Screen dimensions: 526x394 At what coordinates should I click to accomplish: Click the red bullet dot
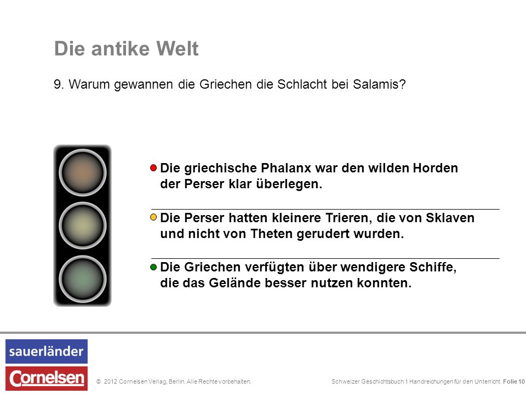(x=153, y=168)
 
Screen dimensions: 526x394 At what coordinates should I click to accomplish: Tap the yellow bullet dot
(x=153, y=217)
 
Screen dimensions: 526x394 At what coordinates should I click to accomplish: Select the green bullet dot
(x=153, y=267)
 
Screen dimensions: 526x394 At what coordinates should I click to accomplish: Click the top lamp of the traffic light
(x=83, y=172)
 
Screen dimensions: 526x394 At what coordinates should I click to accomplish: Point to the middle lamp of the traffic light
(x=83, y=225)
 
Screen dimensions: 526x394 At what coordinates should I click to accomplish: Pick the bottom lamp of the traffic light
(x=83, y=279)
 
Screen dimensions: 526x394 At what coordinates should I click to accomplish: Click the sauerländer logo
(x=46, y=351)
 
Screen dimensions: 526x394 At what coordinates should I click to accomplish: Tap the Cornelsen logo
(x=46, y=378)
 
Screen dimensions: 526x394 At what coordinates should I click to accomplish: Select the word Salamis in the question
(x=379, y=84)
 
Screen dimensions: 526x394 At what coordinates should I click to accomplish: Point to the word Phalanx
(x=286, y=168)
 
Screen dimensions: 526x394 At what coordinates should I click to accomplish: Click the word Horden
(x=435, y=168)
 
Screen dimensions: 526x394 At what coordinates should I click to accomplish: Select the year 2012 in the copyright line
(x=110, y=381)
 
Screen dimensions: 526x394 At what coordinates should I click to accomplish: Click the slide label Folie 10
(x=513, y=381)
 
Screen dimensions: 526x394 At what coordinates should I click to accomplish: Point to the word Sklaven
(x=450, y=218)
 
